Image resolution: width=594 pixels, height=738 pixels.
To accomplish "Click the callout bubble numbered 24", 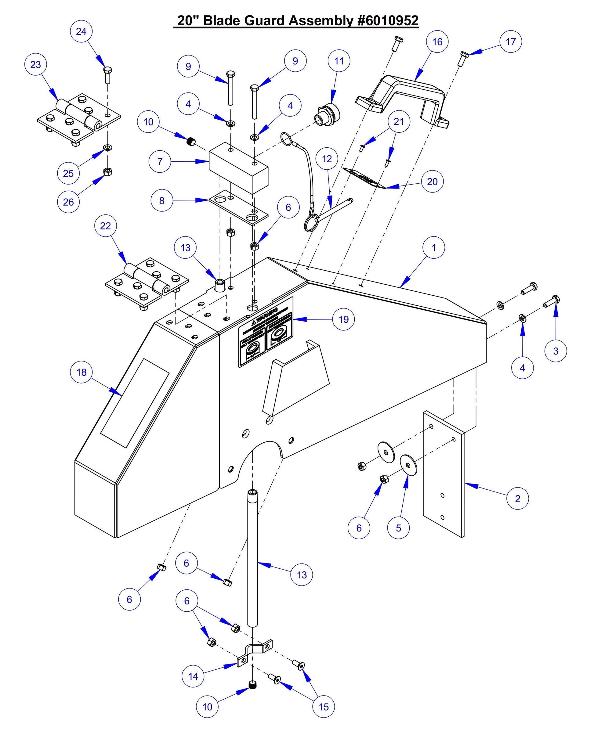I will pos(81,31).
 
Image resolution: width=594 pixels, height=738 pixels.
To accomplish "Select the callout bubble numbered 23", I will pos(36,65).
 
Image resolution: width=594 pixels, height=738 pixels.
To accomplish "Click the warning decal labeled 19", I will pos(266,332).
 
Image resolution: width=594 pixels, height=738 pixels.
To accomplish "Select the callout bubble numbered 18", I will pos(81,372).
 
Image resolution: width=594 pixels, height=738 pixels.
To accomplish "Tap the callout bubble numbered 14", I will pos(193,676).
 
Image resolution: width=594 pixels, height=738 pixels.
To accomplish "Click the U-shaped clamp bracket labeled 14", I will pos(255,653).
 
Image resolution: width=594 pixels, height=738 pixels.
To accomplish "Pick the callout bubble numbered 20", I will pos(432,182).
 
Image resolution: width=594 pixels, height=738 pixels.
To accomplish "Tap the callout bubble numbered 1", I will pos(434,247).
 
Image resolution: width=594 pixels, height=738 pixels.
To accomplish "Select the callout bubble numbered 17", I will pos(510,42).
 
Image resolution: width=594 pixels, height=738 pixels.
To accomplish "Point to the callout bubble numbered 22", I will pos(106,226).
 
